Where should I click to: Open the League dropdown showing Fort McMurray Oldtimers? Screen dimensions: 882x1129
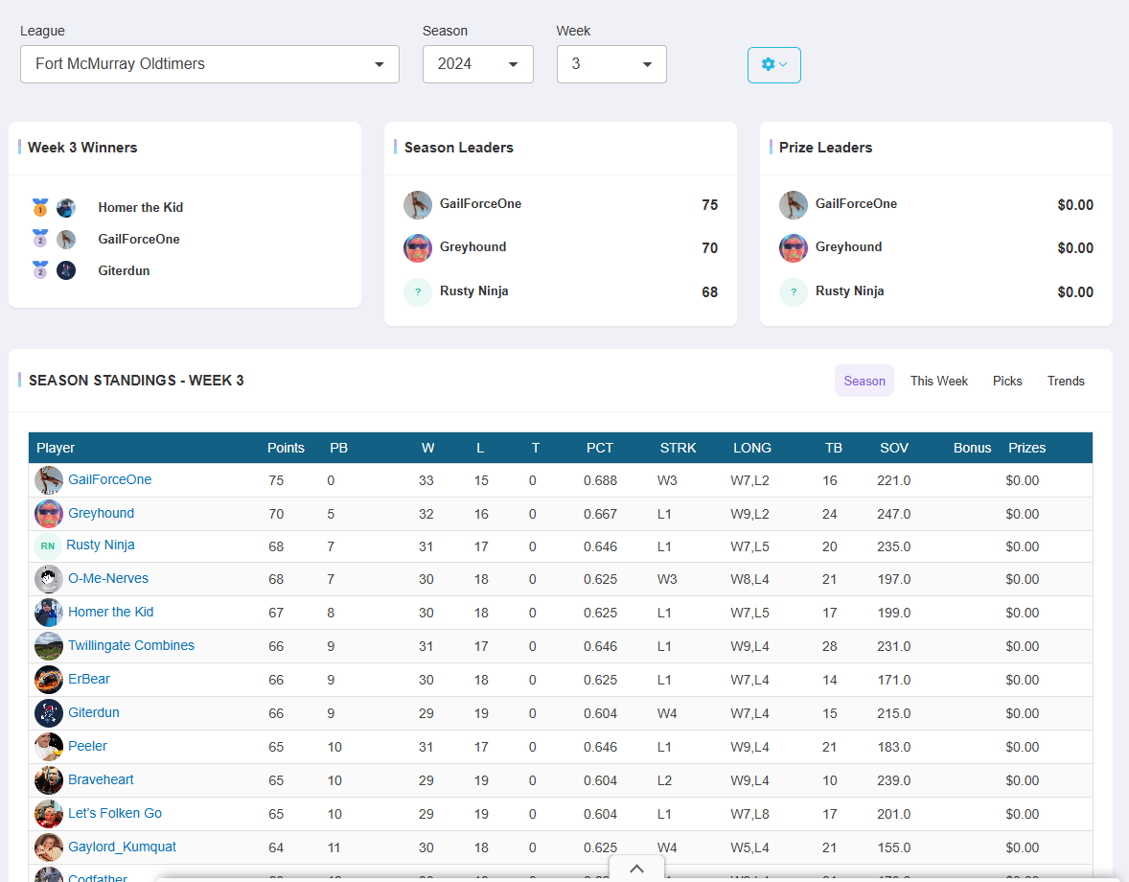pos(209,64)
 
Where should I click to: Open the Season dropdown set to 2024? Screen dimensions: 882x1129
pos(477,64)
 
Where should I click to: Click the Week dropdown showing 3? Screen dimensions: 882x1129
pos(611,64)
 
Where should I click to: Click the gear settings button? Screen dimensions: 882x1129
pos(773,65)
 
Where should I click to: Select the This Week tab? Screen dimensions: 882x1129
pos(938,381)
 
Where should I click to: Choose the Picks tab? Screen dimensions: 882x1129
pos(1007,381)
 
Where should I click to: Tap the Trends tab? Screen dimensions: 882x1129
pos(1066,381)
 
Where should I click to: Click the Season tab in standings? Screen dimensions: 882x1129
pos(864,381)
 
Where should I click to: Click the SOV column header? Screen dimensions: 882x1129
pos(894,448)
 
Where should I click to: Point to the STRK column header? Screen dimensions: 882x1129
pos(678,448)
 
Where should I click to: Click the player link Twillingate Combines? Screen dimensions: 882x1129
pos(131,645)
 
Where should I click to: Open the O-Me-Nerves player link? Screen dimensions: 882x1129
pos(108,578)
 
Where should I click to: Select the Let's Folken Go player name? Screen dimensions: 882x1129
pos(115,813)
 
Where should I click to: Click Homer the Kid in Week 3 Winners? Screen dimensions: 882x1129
pos(141,207)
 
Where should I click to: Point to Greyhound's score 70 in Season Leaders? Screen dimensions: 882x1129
pos(709,248)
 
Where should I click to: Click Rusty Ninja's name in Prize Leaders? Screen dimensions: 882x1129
pos(849,290)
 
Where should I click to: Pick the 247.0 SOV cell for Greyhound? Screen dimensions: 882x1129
pos(893,514)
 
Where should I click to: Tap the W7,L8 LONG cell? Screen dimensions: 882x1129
pos(749,814)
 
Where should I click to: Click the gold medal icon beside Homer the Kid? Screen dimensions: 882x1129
pos(40,207)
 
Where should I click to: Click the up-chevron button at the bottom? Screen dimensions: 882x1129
pos(636,869)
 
